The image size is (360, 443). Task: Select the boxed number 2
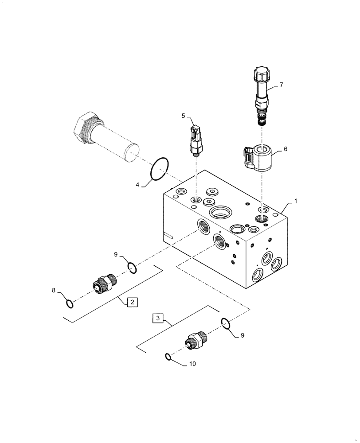point(132,303)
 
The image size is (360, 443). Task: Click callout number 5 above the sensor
point(183,116)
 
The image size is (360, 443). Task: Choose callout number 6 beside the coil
point(286,149)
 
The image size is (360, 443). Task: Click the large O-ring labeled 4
point(160,168)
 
